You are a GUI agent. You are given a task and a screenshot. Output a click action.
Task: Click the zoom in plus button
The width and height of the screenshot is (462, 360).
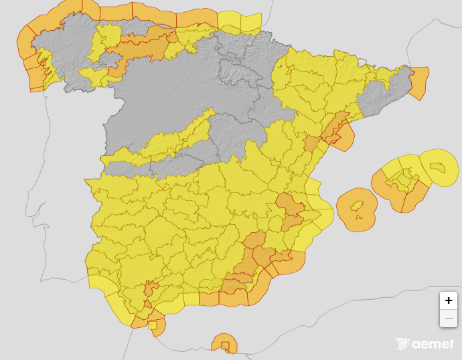coord(449,300)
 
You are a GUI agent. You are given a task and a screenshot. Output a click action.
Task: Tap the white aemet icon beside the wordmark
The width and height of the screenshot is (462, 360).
coord(402,344)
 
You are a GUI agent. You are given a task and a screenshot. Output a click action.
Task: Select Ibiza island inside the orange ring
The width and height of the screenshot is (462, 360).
coord(358,205)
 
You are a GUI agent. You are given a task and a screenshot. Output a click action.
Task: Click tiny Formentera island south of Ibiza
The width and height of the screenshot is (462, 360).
coord(359,216)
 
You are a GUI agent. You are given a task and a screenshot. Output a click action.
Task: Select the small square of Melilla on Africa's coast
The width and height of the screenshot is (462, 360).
coord(226,346)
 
